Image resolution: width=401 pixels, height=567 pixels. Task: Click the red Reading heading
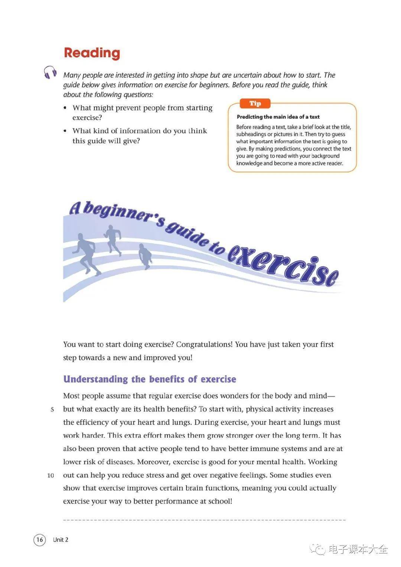point(92,53)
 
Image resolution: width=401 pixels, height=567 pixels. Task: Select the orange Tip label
point(255,103)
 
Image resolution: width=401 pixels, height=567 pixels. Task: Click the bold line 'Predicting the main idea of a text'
point(278,117)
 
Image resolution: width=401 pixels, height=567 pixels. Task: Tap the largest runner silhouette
point(87,253)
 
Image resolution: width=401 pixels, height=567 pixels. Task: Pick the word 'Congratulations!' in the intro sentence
point(204,344)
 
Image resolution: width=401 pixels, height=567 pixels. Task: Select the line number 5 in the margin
point(52,409)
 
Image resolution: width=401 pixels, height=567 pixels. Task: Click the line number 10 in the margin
point(50,476)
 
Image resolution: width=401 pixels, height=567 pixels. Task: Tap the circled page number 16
point(39,540)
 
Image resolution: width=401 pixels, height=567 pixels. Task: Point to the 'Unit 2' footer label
point(61,540)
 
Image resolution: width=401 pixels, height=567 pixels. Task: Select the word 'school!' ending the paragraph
point(221,501)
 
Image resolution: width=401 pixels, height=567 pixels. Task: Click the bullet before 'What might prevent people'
point(65,108)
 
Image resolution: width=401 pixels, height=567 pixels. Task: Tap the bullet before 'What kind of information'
point(65,131)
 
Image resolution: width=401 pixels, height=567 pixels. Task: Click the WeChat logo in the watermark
point(318,549)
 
